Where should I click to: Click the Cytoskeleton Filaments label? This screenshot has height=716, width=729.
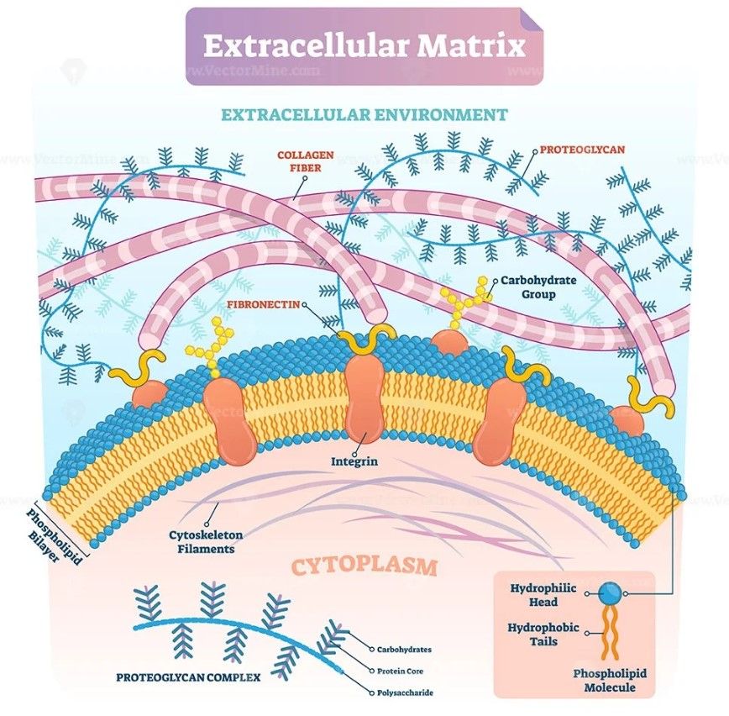coord(199,540)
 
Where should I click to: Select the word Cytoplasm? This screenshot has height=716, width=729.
coord(364,566)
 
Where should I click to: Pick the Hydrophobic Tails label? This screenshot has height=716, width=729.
coord(543,634)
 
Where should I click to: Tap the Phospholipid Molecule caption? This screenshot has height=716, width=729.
coord(604,680)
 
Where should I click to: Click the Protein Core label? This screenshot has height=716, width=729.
coord(401,671)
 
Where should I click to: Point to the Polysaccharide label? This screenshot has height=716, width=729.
coord(407,692)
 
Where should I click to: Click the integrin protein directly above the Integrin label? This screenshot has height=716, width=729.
coord(364,395)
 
